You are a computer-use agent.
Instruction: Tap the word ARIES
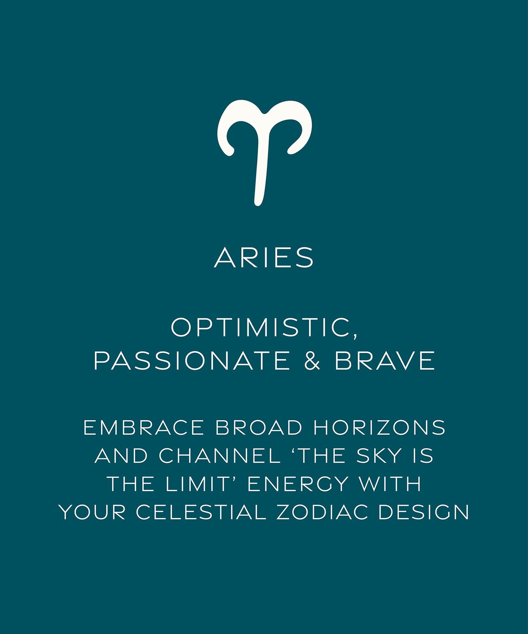pos(264,257)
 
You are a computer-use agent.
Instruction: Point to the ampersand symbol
pos(312,361)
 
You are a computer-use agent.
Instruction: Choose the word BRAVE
pos(384,361)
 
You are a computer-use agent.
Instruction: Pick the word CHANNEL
pos(220,456)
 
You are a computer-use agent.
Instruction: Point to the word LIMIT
pos(197,484)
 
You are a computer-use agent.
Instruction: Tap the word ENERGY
pos(297,484)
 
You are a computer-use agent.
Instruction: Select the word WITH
pos(390,484)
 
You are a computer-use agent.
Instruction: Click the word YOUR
pos(92,512)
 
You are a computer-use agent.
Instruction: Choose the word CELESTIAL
pos(201,512)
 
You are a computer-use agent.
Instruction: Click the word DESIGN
pos(423,512)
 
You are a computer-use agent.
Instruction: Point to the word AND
pos(121,456)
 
